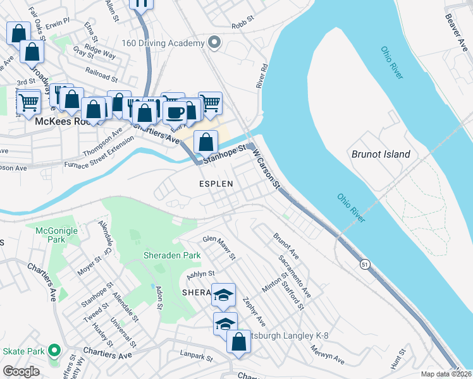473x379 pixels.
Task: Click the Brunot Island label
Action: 381,154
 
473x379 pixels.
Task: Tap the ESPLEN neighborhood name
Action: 216,184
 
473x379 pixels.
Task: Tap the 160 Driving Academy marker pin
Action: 214,43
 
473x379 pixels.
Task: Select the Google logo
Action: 21,371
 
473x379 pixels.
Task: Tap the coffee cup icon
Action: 175,112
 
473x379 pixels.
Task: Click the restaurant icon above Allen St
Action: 141,3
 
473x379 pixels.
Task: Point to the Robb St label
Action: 242,23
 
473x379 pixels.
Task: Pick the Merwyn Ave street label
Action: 328,354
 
